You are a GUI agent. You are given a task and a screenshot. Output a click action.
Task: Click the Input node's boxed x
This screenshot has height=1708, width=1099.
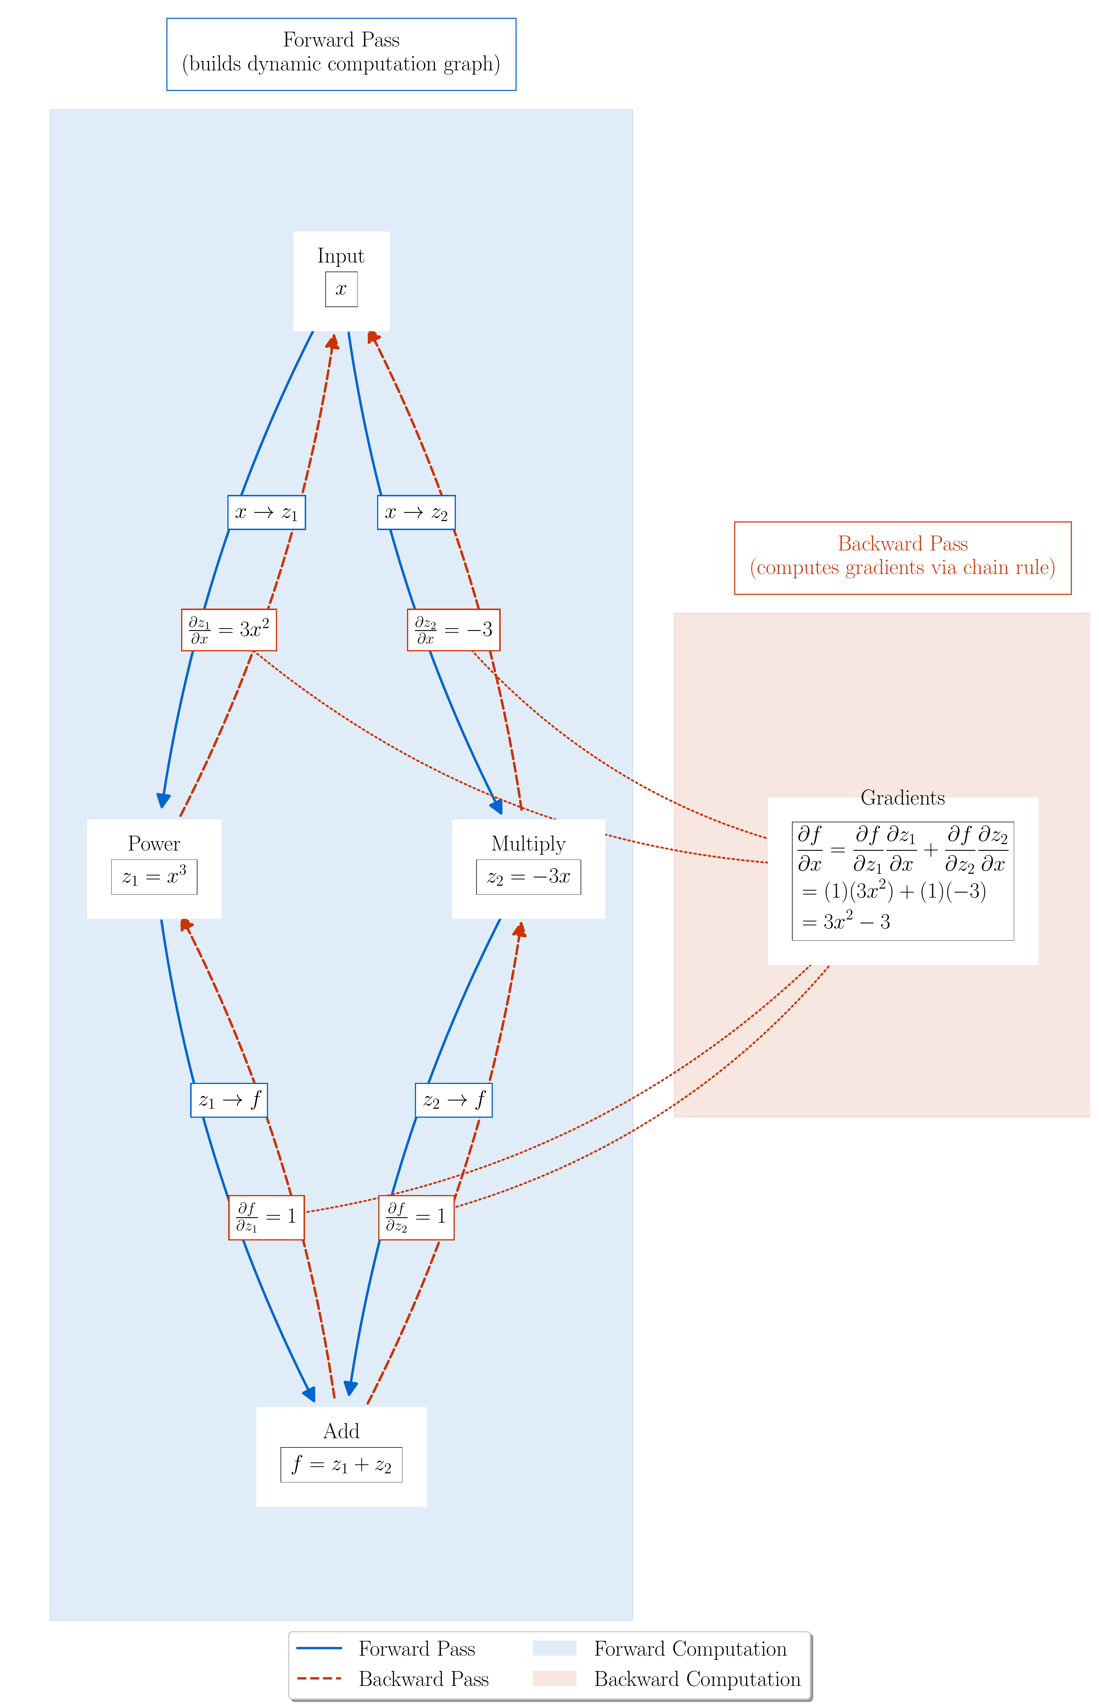coord(341,289)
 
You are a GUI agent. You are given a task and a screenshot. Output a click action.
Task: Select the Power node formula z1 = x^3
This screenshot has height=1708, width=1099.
coord(154,876)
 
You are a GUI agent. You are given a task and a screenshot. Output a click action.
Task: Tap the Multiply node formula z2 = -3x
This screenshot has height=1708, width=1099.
coord(528,876)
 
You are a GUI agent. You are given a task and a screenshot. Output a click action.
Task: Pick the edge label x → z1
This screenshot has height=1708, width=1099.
coord(266,512)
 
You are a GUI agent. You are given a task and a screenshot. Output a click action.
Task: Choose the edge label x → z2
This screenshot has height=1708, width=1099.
coord(416,512)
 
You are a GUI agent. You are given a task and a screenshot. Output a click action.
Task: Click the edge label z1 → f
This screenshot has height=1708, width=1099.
coord(229,1100)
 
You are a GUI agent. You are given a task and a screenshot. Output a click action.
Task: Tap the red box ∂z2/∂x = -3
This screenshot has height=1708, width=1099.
coord(453,630)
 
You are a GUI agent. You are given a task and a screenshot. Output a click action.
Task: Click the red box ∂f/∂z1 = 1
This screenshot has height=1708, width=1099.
coord(266,1217)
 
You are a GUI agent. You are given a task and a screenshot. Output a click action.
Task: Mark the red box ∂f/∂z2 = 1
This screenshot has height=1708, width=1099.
coord(416,1217)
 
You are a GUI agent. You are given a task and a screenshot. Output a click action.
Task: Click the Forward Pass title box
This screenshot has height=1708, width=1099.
coord(341,54)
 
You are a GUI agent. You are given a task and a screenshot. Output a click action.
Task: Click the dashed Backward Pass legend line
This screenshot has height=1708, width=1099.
coord(319,1678)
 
